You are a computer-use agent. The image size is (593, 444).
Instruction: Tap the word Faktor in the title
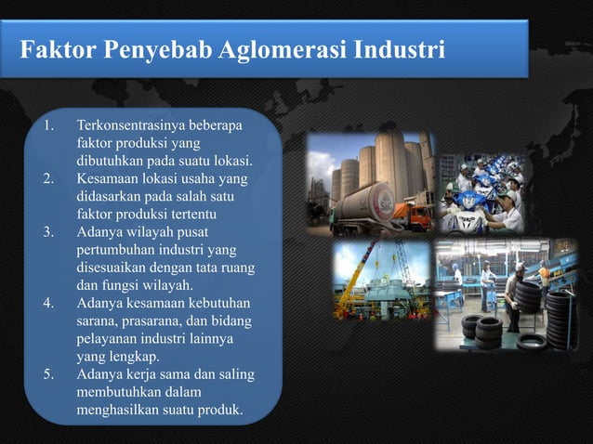pyautogui.click(x=58, y=47)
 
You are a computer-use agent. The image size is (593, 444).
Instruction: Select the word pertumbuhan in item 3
pyautogui.click(x=115, y=249)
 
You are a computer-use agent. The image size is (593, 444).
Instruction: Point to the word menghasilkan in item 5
pyautogui.click(x=118, y=410)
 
